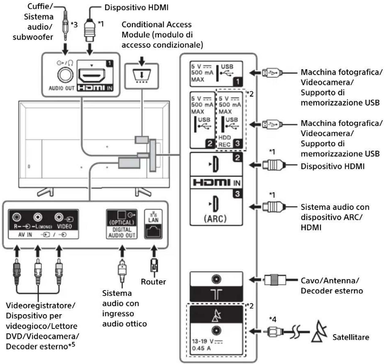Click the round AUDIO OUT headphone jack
point(65,75)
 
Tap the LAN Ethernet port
point(153,231)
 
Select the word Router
point(153,282)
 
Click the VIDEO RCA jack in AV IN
point(59,217)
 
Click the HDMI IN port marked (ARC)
point(216,204)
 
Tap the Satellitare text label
point(351,337)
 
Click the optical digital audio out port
point(121,215)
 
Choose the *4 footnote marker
point(272,319)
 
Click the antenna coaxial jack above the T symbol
point(217,279)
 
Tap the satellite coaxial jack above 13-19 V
point(217,330)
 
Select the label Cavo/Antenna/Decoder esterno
point(332,286)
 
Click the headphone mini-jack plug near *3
point(65,25)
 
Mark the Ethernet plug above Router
point(154,265)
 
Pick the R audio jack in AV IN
point(17,217)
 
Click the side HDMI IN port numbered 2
point(216,164)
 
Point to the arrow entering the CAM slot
point(142,61)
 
